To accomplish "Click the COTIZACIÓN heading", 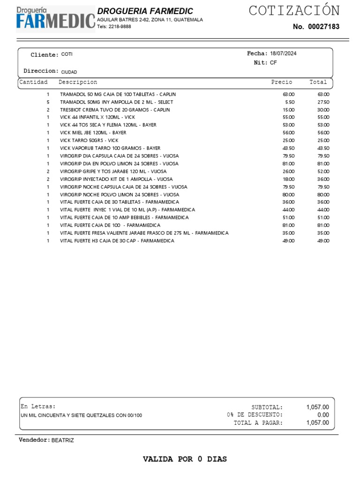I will [294, 10].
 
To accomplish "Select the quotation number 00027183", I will [323, 27].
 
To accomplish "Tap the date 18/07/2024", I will [283, 53].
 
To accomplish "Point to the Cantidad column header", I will [33, 82].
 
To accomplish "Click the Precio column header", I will [281, 82].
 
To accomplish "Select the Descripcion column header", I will [78, 82].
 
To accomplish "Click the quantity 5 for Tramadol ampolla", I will [48, 102].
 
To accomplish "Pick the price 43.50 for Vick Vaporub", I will [288, 148].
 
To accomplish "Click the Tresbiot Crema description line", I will [115, 110].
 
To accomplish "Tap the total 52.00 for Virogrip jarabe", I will [323, 171].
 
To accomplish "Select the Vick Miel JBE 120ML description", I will [93, 133].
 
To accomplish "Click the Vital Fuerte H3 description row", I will [117, 240].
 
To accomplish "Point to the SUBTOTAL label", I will [267, 407].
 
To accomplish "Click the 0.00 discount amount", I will [323, 415].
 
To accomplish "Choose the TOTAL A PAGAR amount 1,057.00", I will [317, 423].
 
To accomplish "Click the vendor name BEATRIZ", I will [62, 440].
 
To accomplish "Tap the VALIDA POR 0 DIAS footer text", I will [185, 459].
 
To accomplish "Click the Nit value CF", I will [273, 62].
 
